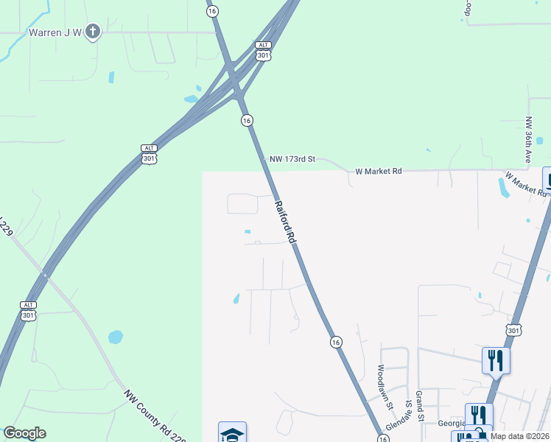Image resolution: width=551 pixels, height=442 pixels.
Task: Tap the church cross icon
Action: click(92, 32)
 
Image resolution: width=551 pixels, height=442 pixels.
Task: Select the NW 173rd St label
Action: click(292, 159)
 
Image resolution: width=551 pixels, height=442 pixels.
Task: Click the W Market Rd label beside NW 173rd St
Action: click(379, 171)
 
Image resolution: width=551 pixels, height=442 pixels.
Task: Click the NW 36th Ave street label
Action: click(528, 140)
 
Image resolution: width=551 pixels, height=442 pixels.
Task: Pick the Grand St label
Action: click(418, 405)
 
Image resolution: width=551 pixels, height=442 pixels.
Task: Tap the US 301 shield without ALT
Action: click(514, 329)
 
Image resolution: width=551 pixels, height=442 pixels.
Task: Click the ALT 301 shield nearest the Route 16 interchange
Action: click(264, 51)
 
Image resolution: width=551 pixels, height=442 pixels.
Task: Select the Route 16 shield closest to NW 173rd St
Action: click(247, 120)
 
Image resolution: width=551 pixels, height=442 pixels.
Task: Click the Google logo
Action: click(24, 433)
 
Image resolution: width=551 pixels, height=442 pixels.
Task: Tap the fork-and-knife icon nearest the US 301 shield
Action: click(495, 361)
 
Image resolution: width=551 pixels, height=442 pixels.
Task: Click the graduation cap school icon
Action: click(232, 432)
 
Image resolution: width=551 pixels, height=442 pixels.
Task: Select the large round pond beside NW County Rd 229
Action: click(116, 337)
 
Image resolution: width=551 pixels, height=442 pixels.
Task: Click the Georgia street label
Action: click(450, 424)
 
